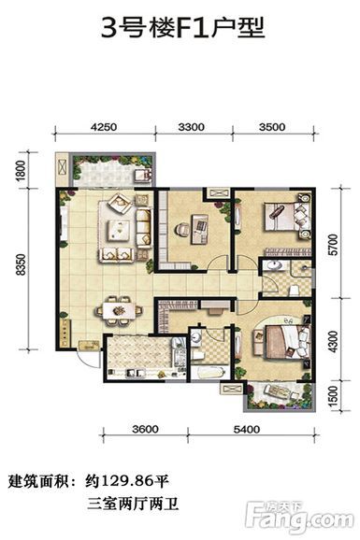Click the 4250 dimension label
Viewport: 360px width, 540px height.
tap(104, 127)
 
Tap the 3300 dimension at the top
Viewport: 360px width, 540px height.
tap(192, 127)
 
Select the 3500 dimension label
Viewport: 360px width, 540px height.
tap(272, 127)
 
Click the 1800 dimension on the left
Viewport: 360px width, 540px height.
tap(21, 170)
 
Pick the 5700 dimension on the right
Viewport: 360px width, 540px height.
tap(334, 245)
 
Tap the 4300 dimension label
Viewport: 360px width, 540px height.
tap(334, 342)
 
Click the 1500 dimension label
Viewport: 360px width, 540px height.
tap(334, 396)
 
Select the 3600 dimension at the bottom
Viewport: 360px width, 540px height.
tap(146, 429)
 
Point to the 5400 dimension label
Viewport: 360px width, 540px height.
tap(247, 429)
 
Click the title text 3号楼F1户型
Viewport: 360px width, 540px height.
tap(182, 28)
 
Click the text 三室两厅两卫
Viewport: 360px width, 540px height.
tap(133, 504)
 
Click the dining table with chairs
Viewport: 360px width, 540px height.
tap(120, 310)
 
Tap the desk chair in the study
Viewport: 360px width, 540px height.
tap(182, 229)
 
